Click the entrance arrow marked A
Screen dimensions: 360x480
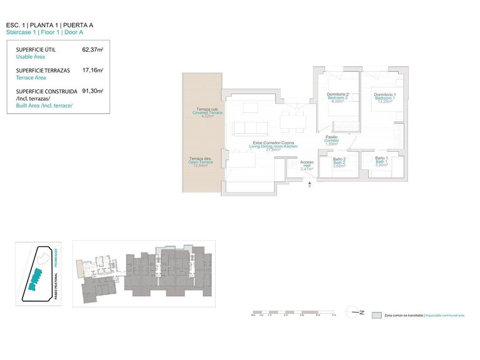tap(308, 185)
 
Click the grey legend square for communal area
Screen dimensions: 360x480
tap(376, 316)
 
